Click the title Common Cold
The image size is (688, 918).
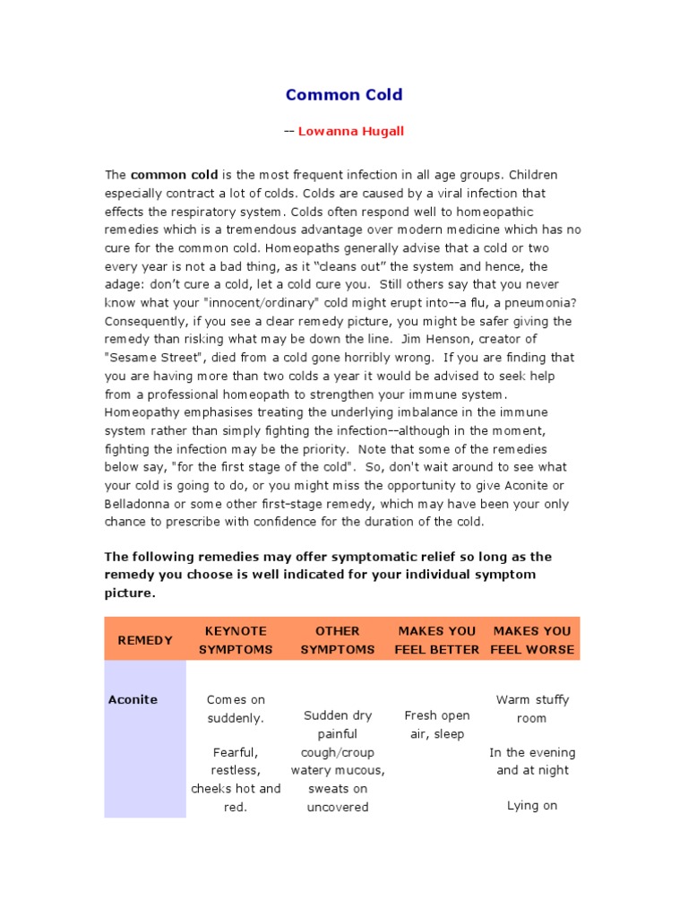click(x=344, y=94)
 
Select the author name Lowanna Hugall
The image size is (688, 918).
click(x=350, y=131)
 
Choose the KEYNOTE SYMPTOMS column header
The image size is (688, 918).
click(x=236, y=640)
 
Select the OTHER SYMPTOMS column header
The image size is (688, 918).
click(x=338, y=640)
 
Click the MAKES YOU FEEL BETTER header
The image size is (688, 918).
click(x=436, y=640)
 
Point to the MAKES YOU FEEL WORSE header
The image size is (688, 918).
click(x=532, y=640)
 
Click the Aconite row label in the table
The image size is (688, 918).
click(x=133, y=699)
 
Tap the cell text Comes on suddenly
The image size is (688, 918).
click(x=236, y=708)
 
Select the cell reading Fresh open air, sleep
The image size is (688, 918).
click(x=436, y=724)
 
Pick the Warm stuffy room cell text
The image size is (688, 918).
click(x=532, y=708)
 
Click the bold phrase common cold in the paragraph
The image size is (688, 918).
click(x=174, y=175)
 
